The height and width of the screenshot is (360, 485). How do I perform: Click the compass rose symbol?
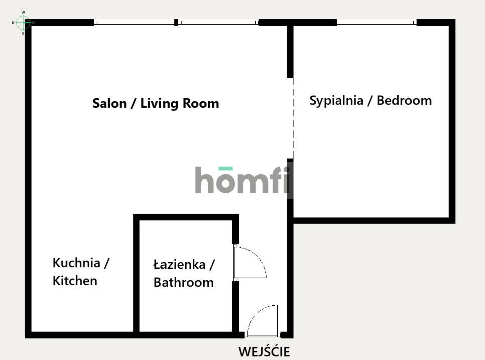(x=23, y=22)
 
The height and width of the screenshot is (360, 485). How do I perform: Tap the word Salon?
(x=109, y=103)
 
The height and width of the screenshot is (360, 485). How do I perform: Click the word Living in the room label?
(x=159, y=104)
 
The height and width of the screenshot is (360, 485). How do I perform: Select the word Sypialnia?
(x=336, y=101)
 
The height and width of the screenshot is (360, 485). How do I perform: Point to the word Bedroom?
(x=404, y=100)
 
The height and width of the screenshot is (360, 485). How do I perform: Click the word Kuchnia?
(x=76, y=263)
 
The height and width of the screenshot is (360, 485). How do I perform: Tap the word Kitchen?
(x=75, y=281)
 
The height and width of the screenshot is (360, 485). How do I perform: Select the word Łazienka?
(x=180, y=265)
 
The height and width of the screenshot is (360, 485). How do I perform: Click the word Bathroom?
(x=184, y=282)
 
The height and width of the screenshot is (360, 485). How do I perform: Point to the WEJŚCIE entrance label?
(x=264, y=352)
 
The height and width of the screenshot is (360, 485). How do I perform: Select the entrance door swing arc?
(x=257, y=313)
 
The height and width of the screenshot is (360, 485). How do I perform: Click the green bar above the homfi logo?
(x=226, y=168)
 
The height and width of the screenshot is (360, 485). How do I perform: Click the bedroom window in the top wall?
(x=377, y=22)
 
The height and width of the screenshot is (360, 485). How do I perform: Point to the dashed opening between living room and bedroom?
(x=293, y=118)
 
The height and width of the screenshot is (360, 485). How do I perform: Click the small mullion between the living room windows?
(x=176, y=22)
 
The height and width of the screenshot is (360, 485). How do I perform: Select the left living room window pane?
(x=134, y=22)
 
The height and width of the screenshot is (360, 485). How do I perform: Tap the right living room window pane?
(x=218, y=22)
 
